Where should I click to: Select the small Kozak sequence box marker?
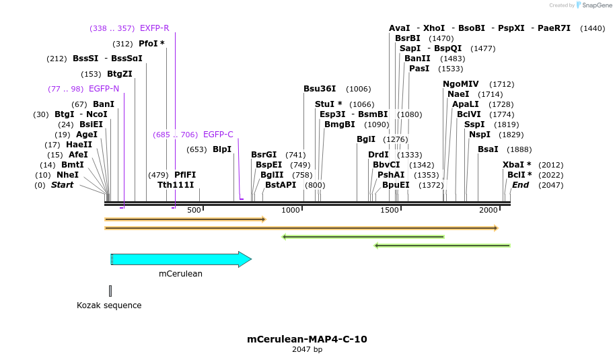[x=110, y=291]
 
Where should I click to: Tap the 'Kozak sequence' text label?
[x=109, y=305]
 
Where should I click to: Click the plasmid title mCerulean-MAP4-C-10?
[x=307, y=339]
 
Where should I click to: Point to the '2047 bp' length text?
[x=307, y=350]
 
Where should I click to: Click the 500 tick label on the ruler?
[x=194, y=210]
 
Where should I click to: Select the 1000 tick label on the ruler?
[x=291, y=210]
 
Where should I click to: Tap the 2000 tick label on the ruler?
[x=489, y=210]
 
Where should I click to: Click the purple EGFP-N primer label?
[x=104, y=89]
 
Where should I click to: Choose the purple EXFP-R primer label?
[x=154, y=28]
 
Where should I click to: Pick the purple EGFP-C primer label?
[x=218, y=135]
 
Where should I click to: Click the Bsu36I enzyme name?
[x=320, y=89]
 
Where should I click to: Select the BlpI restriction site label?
[x=222, y=149]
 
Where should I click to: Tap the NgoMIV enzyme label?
[x=461, y=84]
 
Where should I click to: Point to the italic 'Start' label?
[x=63, y=185]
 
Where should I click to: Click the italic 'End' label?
[x=520, y=185]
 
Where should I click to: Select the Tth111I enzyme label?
[x=176, y=185]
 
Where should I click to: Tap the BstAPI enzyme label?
[x=281, y=185]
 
